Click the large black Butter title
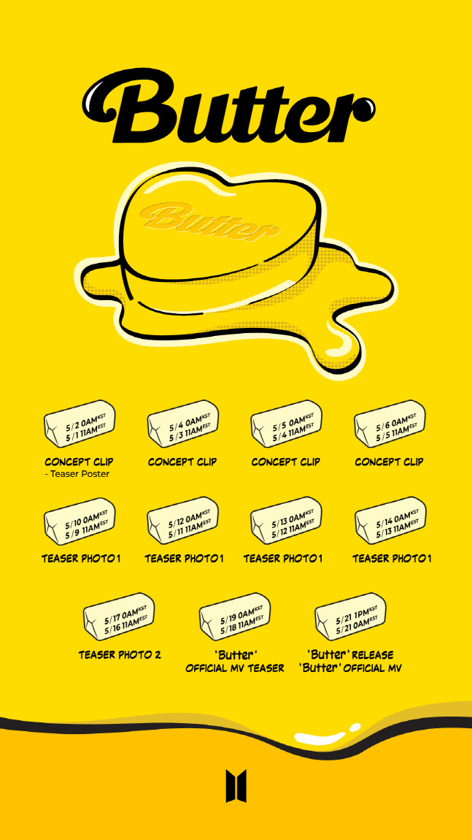pyautogui.click(x=229, y=107)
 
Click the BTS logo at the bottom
pyautogui.click(x=236, y=786)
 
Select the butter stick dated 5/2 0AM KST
pyautogui.click(x=80, y=423)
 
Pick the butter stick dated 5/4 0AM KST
pyautogui.click(x=183, y=423)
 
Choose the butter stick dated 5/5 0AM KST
pyautogui.click(x=286, y=423)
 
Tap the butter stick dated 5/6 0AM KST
pyautogui.click(x=390, y=423)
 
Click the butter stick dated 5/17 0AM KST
pyautogui.click(x=120, y=616)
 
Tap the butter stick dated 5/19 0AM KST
pyautogui.click(x=235, y=616)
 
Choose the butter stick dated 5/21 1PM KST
pyautogui.click(x=350, y=616)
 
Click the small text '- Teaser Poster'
pyautogui.click(x=77, y=474)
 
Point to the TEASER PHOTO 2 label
pyautogui.click(x=120, y=654)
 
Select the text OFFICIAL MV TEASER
pyautogui.click(x=235, y=668)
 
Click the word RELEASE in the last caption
pyautogui.click(x=373, y=654)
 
